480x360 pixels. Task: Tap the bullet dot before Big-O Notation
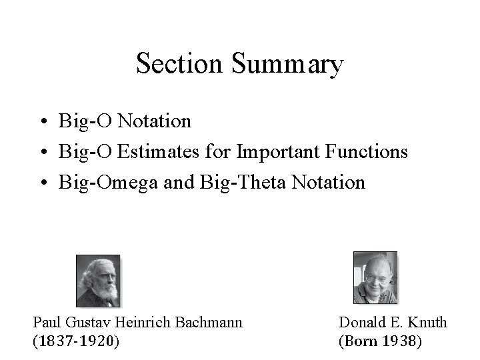point(42,122)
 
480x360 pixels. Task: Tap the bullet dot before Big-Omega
point(42,183)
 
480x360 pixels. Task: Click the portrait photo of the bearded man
point(97,279)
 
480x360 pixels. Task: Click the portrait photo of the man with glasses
point(374,277)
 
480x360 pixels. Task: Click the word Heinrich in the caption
point(143,323)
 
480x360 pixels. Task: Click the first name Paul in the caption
point(46,323)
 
